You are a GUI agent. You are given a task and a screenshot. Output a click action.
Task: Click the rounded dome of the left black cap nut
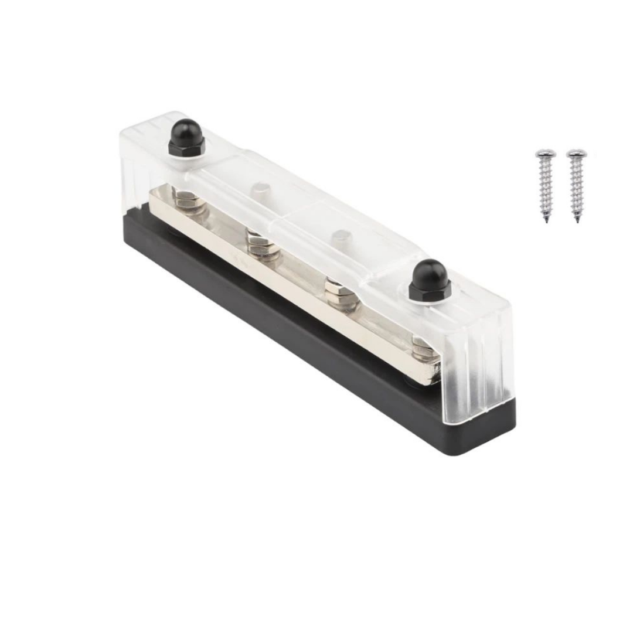[186, 130]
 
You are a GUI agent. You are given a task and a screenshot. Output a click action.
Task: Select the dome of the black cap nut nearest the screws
[430, 271]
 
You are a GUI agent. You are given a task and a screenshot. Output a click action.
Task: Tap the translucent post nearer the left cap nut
[260, 190]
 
